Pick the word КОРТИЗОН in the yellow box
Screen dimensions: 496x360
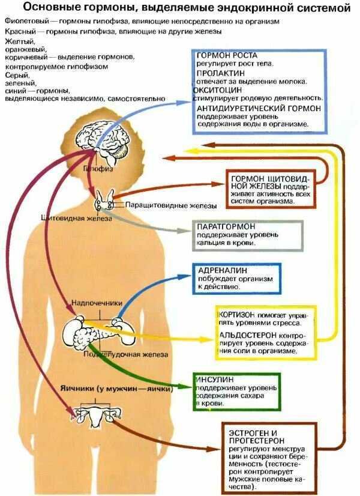(239, 314)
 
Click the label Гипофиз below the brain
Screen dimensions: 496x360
(96, 170)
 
